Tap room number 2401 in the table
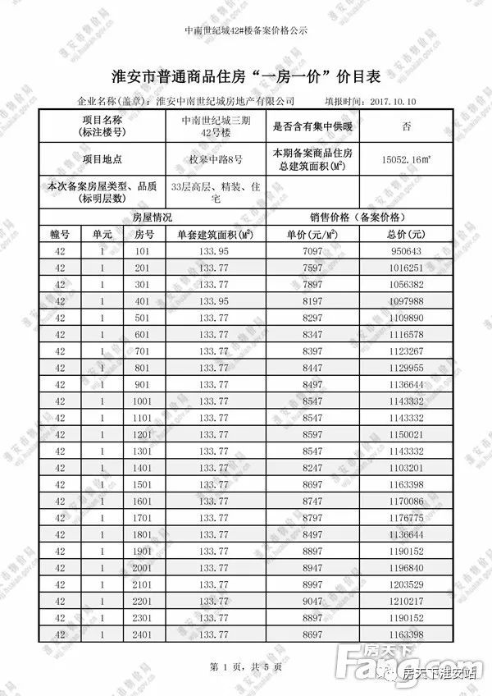point(144,635)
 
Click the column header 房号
point(144,234)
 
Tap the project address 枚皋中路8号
point(216,159)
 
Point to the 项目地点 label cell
point(101,159)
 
